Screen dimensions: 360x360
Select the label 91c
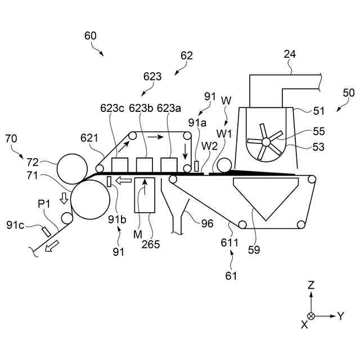click(15, 225)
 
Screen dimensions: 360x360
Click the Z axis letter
click(310, 286)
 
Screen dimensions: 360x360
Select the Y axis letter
click(340, 316)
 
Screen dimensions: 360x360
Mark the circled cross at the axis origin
click(311, 316)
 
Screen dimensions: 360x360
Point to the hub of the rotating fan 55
click(266, 141)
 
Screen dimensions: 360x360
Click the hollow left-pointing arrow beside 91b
click(124, 181)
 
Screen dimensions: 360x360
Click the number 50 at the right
click(349, 93)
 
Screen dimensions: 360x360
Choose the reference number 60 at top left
click(91, 35)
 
